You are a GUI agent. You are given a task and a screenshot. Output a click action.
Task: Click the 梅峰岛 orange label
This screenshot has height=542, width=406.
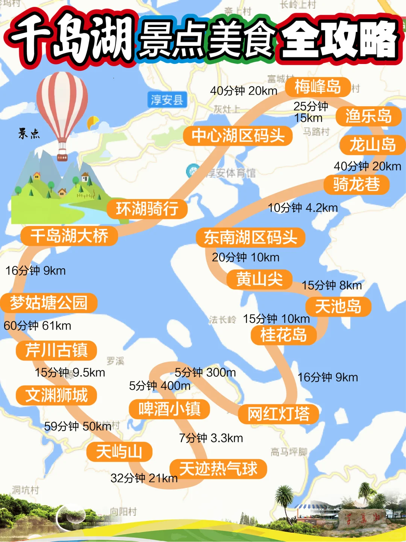[x=318, y=87]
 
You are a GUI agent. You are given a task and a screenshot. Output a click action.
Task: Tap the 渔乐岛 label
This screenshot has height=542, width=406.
[x=368, y=116]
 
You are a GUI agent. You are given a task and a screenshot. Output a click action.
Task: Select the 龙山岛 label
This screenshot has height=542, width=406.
[x=373, y=145]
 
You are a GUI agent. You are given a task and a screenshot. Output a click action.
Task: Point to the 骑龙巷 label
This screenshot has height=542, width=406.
[x=356, y=184]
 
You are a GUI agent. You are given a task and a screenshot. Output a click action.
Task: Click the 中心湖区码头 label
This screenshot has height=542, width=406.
[x=238, y=136]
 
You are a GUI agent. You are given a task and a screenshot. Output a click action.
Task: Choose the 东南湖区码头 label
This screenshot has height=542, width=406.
[x=250, y=238]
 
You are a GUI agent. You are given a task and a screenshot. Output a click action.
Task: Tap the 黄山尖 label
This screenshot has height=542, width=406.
[x=259, y=279]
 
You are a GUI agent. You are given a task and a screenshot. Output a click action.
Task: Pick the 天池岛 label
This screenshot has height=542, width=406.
[x=338, y=306]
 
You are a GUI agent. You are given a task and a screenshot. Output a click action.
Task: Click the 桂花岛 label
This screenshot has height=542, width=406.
[x=283, y=335]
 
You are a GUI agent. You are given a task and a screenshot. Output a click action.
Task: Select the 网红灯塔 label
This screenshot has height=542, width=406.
[x=279, y=414]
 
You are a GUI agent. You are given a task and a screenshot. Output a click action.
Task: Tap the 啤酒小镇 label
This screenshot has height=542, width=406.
[x=169, y=409]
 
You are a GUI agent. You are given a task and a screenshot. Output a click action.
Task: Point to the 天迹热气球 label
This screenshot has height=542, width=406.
[x=218, y=469]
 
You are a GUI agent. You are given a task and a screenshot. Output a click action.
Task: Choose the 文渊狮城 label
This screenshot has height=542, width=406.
[x=56, y=395]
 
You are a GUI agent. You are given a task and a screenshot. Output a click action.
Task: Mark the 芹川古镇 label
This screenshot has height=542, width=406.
[x=56, y=350]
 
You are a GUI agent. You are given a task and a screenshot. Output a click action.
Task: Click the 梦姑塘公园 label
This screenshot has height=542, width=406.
[x=49, y=303]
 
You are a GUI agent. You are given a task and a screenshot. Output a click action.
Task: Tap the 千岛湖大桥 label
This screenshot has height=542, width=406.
[x=69, y=236]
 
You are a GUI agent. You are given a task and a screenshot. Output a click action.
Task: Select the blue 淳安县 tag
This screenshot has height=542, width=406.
[x=167, y=100]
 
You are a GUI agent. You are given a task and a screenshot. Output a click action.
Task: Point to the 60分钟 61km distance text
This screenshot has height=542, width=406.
[x=38, y=326]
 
